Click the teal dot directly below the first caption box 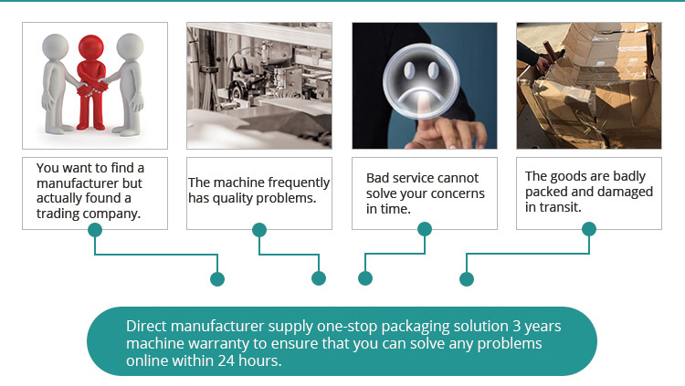(x=94, y=230)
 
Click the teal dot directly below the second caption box (x=259, y=230)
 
